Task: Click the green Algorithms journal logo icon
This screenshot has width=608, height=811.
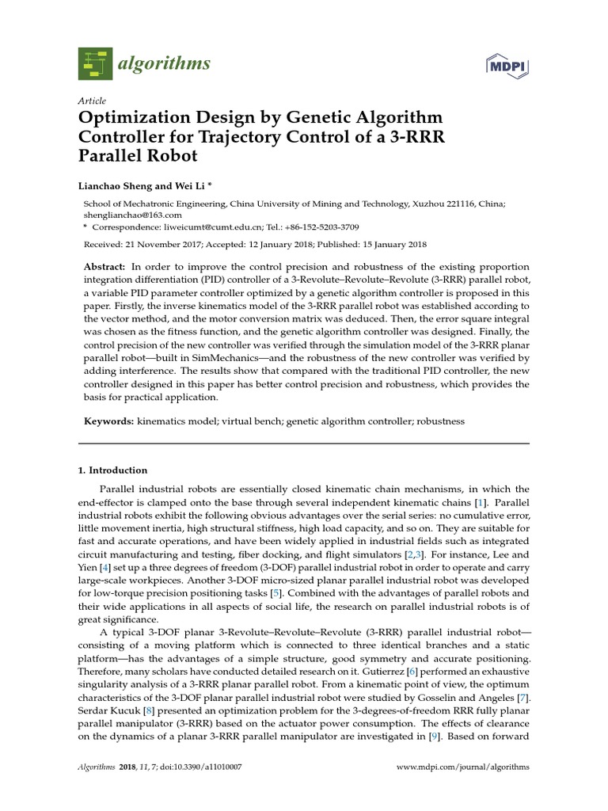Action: click(x=96, y=63)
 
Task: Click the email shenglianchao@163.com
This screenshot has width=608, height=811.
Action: click(x=133, y=215)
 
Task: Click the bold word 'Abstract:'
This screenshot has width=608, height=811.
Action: click(x=104, y=267)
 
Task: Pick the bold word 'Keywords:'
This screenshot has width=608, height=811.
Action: click(x=108, y=421)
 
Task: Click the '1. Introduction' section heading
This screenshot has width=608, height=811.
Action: click(x=112, y=470)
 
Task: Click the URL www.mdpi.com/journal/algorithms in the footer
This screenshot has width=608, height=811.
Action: click(x=462, y=767)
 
